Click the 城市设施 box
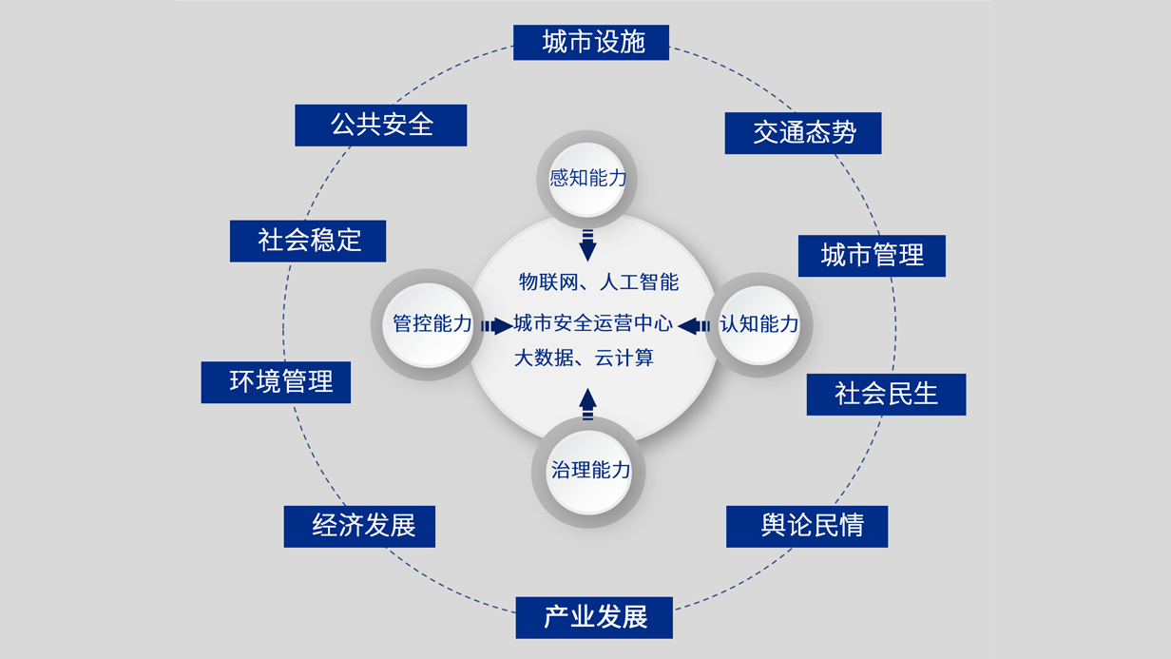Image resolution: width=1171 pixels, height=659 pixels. click(x=591, y=43)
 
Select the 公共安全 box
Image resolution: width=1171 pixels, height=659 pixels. click(x=380, y=126)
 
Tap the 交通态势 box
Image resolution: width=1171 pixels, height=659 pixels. click(x=803, y=133)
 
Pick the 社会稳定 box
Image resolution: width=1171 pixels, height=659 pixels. click(x=308, y=241)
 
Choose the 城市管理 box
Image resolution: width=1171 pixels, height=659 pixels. click(x=872, y=256)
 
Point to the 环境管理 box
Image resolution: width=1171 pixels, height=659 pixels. click(x=276, y=382)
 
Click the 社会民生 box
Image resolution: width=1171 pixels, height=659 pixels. click(x=886, y=394)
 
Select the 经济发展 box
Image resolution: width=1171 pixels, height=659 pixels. click(x=359, y=526)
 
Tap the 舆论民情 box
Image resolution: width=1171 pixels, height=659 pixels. click(x=807, y=526)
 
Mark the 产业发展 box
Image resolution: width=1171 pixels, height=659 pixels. click(x=594, y=617)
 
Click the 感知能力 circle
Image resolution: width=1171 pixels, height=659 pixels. click(x=586, y=178)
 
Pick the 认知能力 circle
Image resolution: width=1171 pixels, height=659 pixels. click(x=758, y=324)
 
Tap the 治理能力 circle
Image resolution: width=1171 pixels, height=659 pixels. click(x=589, y=470)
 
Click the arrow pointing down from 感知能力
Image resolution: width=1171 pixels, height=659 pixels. click(x=587, y=245)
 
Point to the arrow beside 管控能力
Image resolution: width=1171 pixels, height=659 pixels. click(x=496, y=326)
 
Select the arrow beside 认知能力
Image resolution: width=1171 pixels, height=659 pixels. click(x=694, y=326)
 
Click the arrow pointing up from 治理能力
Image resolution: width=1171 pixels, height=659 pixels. click(x=587, y=404)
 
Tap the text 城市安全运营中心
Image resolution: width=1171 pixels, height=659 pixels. click(x=593, y=323)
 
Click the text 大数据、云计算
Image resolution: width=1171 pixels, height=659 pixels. click(x=584, y=359)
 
